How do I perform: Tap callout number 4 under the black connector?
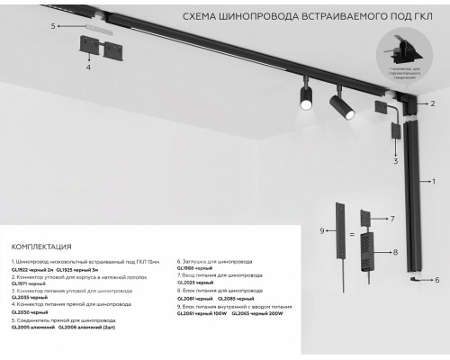coord(88,67)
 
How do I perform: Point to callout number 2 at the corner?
coord(433,104)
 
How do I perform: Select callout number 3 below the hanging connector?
coord(395,161)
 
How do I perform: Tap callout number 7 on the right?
coord(392,219)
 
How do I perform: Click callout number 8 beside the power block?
coord(394,254)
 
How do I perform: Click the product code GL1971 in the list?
coord(21,284)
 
